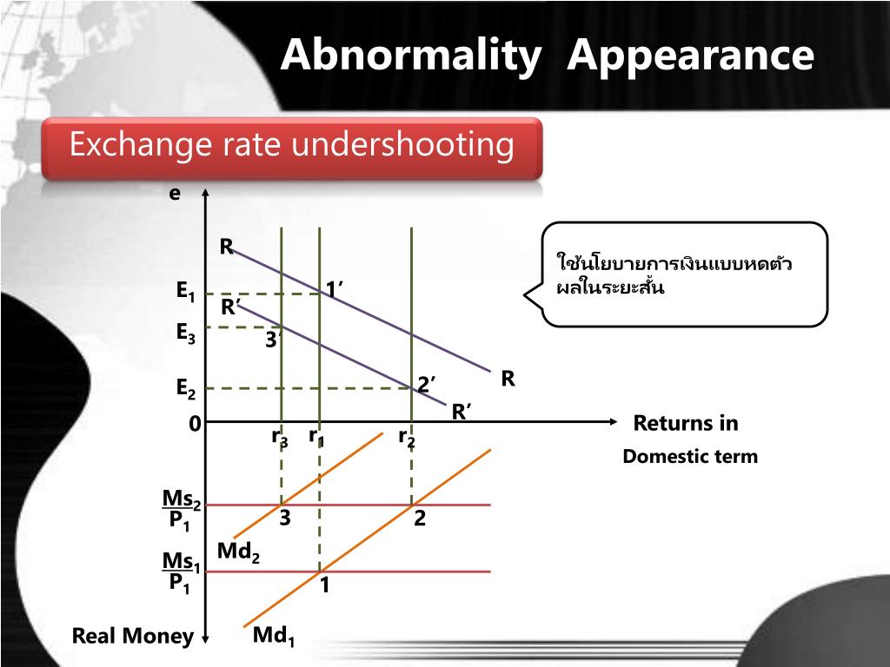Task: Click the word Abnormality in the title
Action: [x=409, y=56]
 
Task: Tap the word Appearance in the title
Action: [x=691, y=56]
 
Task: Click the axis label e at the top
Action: [x=175, y=194]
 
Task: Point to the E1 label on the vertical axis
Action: [x=185, y=293]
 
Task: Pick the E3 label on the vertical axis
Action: [x=185, y=333]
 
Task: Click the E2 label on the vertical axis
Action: [x=185, y=389]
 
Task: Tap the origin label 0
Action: [x=195, y=424]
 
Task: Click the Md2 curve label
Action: [x=238, y=552]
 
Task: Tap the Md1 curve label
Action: [x=274, y=637]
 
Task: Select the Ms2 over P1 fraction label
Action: [x=182, y=510]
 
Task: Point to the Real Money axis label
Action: [x=132, y=637]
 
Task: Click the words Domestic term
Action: [x=689, y=457]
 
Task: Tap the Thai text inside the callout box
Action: [x=674, y=274]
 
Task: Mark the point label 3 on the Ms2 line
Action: [x=284, y=518]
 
